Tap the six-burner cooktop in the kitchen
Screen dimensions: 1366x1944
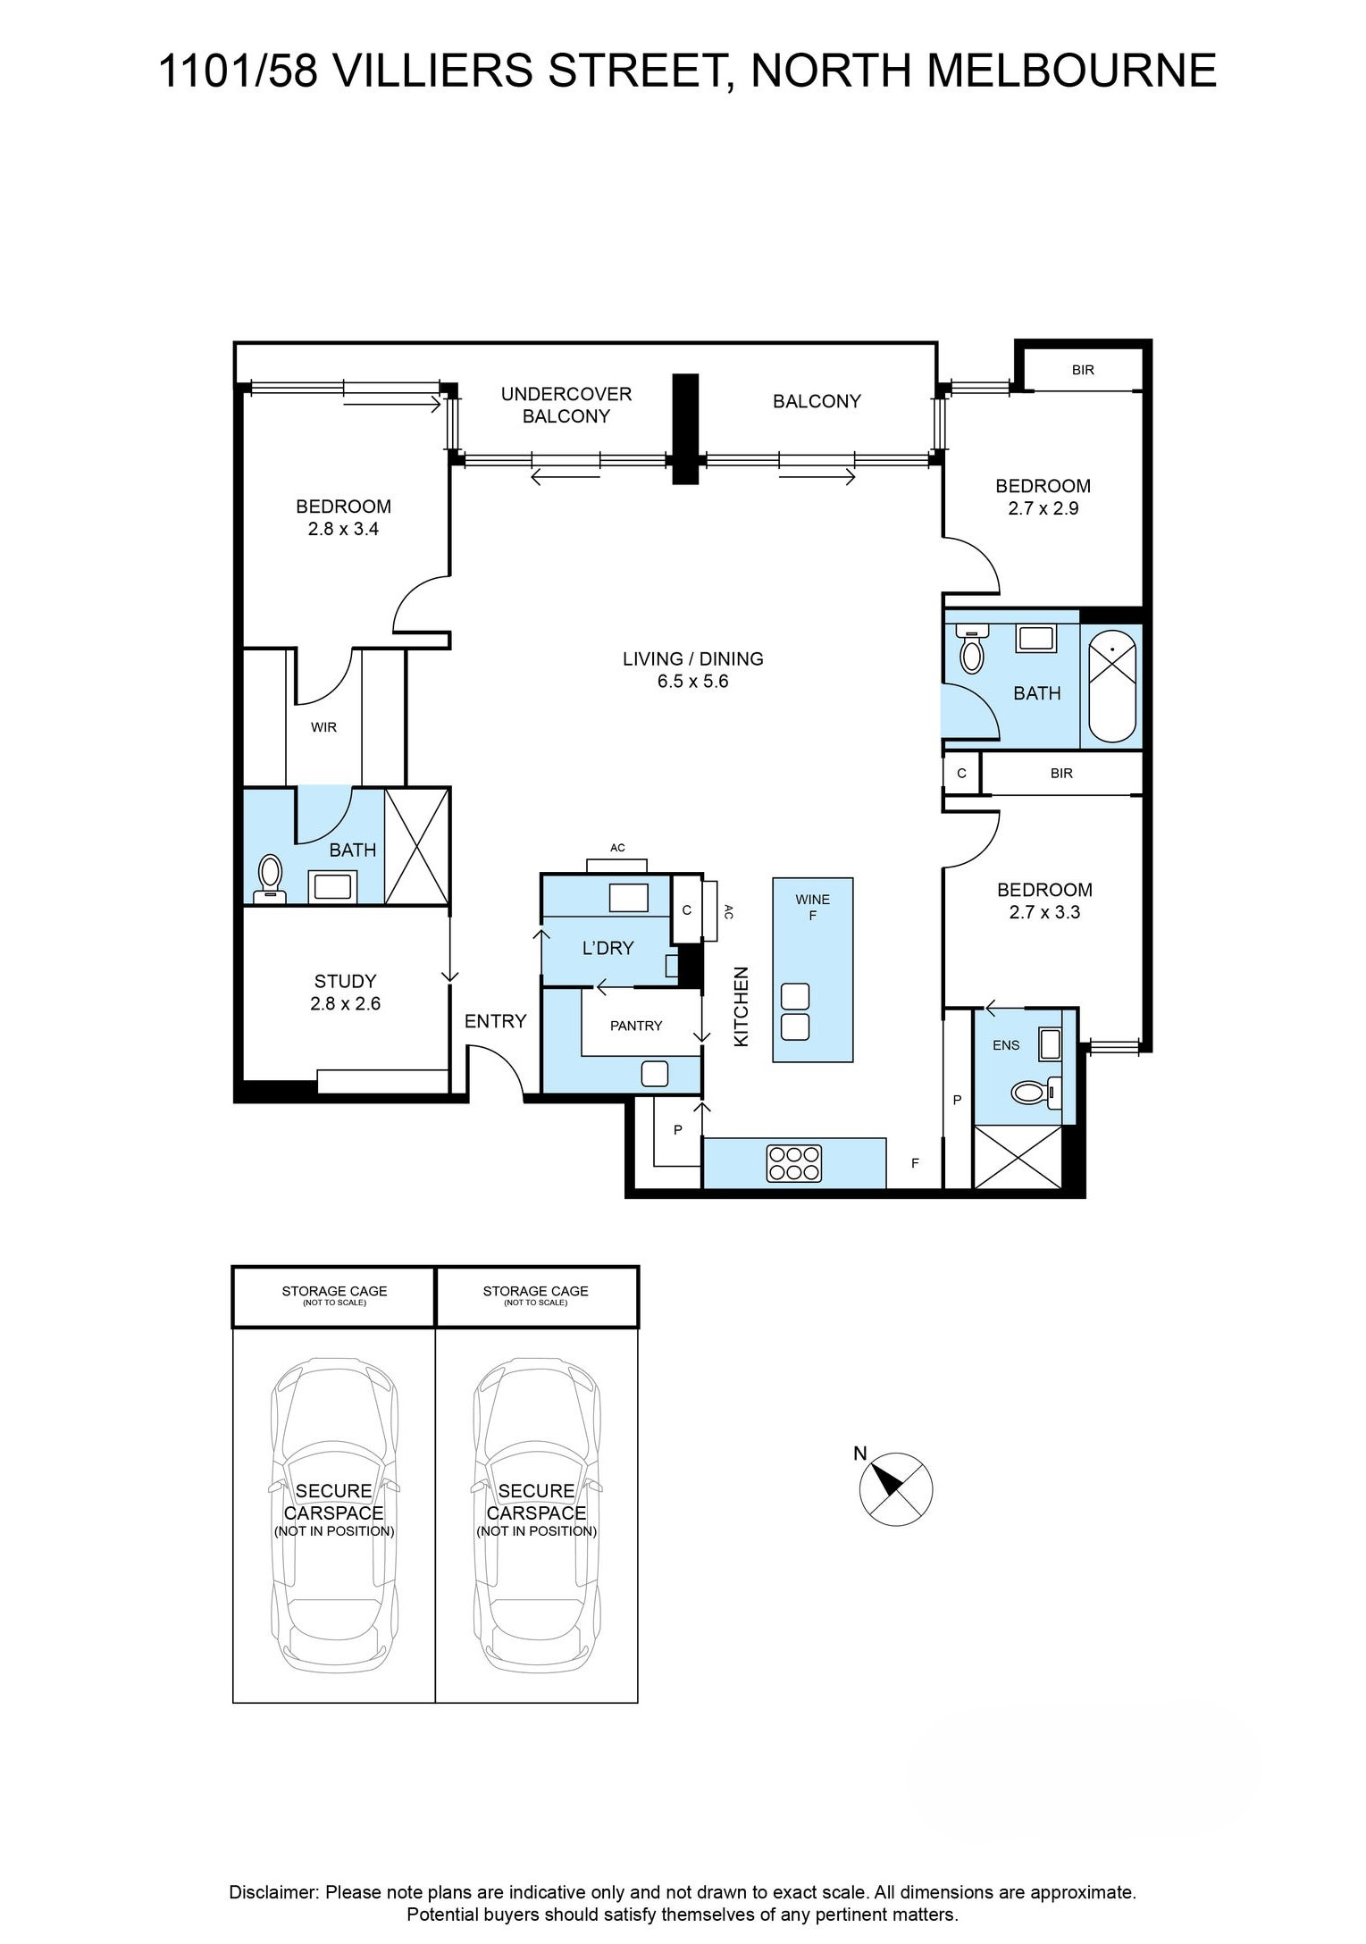coord(793,1162)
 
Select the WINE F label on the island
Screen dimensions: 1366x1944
coord(813,907)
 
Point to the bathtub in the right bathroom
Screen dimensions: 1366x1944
coord(1111,685)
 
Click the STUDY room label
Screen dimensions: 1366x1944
coord(345,981)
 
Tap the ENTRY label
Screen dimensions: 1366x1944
coord(496,1021)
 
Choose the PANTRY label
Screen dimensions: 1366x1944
coord(636,1026)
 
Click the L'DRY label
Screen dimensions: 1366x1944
coord(608,948)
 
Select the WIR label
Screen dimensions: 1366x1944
coord(323,727)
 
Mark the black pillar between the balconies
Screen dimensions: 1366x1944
coord(685,429)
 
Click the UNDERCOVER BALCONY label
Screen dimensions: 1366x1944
coord(566,405)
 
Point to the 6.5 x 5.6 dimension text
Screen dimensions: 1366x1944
coord(693,682)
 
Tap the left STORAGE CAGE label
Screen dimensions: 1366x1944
coord(334,1291)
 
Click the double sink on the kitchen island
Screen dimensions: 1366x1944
coord(795,1012)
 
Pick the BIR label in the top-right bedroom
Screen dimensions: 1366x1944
coord(1083,370)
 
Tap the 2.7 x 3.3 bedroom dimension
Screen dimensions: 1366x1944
coord(1044,912)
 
